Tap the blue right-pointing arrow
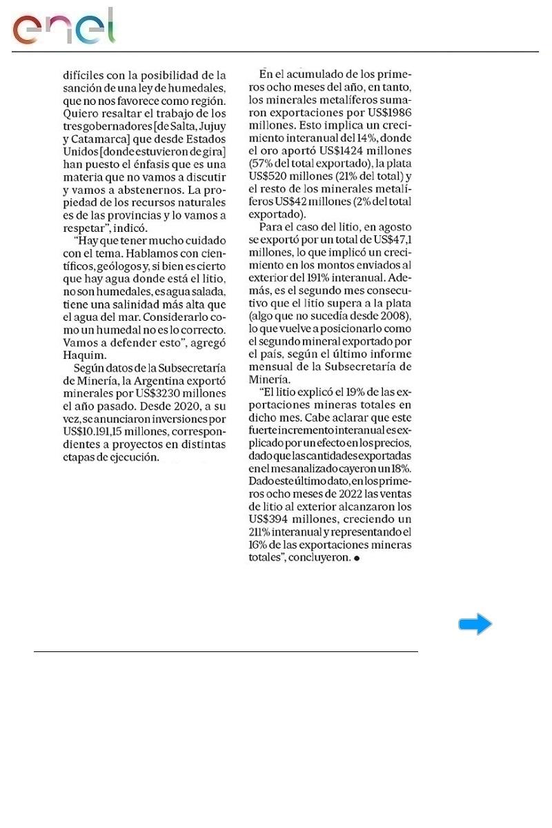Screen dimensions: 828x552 (x=475, y=624)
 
